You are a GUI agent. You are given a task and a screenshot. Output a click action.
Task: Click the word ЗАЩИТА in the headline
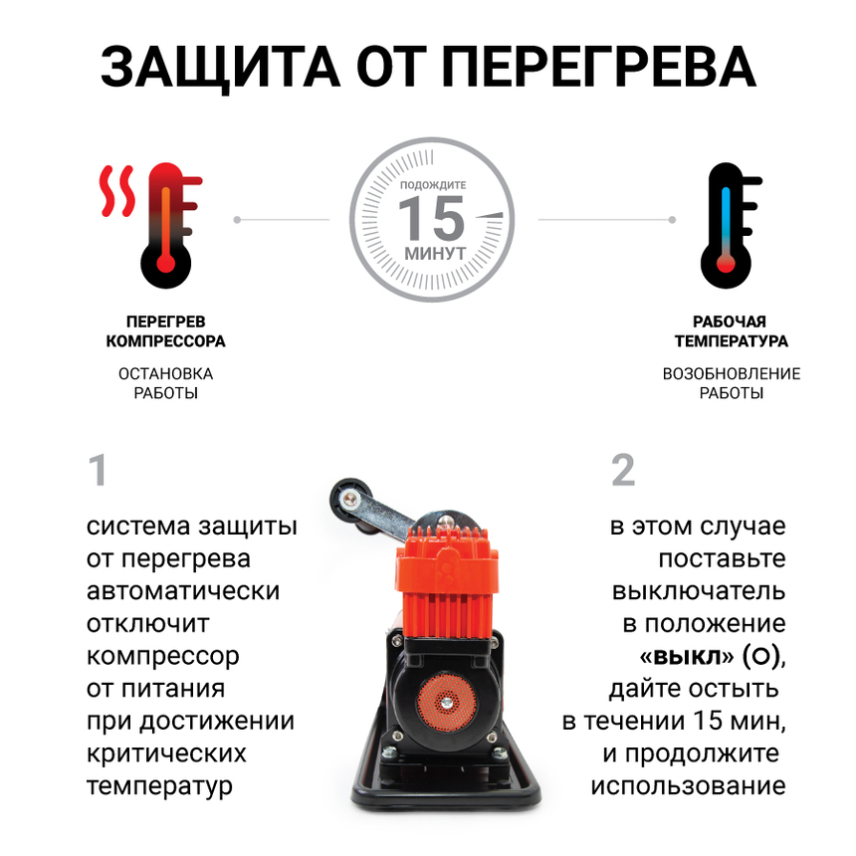point(221,68)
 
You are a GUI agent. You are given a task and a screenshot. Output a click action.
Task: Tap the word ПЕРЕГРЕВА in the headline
point(598,67)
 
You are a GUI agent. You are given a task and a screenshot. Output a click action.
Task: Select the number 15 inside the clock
point(432,218)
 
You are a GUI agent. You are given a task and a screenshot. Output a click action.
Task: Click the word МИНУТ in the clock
point(435,253)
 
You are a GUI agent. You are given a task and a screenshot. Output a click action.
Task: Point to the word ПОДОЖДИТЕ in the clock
point(433,185)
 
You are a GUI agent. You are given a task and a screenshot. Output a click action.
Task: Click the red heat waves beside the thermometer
point(116,190)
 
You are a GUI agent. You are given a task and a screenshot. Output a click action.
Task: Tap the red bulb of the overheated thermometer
point(166,264)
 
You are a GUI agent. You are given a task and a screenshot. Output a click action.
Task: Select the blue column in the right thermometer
point(726,218)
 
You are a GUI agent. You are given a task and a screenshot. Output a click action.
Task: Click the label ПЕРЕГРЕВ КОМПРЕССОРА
point(166,331)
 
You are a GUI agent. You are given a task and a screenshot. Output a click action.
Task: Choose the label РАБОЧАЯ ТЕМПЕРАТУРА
point(731,331)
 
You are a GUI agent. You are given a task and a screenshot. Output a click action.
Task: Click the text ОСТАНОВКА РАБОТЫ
point(166,383)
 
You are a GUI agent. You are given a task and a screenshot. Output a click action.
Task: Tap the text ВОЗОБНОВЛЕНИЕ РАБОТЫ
point(732,383)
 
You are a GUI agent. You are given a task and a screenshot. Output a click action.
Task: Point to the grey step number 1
point(99,470)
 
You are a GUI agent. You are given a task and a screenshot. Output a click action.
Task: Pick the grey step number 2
point(623,470)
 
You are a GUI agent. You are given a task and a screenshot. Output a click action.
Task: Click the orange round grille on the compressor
point(447,702)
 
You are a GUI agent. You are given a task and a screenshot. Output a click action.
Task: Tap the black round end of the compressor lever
point(348,498)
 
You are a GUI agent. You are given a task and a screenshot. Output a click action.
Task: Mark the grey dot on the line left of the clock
point(237,220)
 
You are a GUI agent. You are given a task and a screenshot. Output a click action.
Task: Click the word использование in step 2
point(689,786)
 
